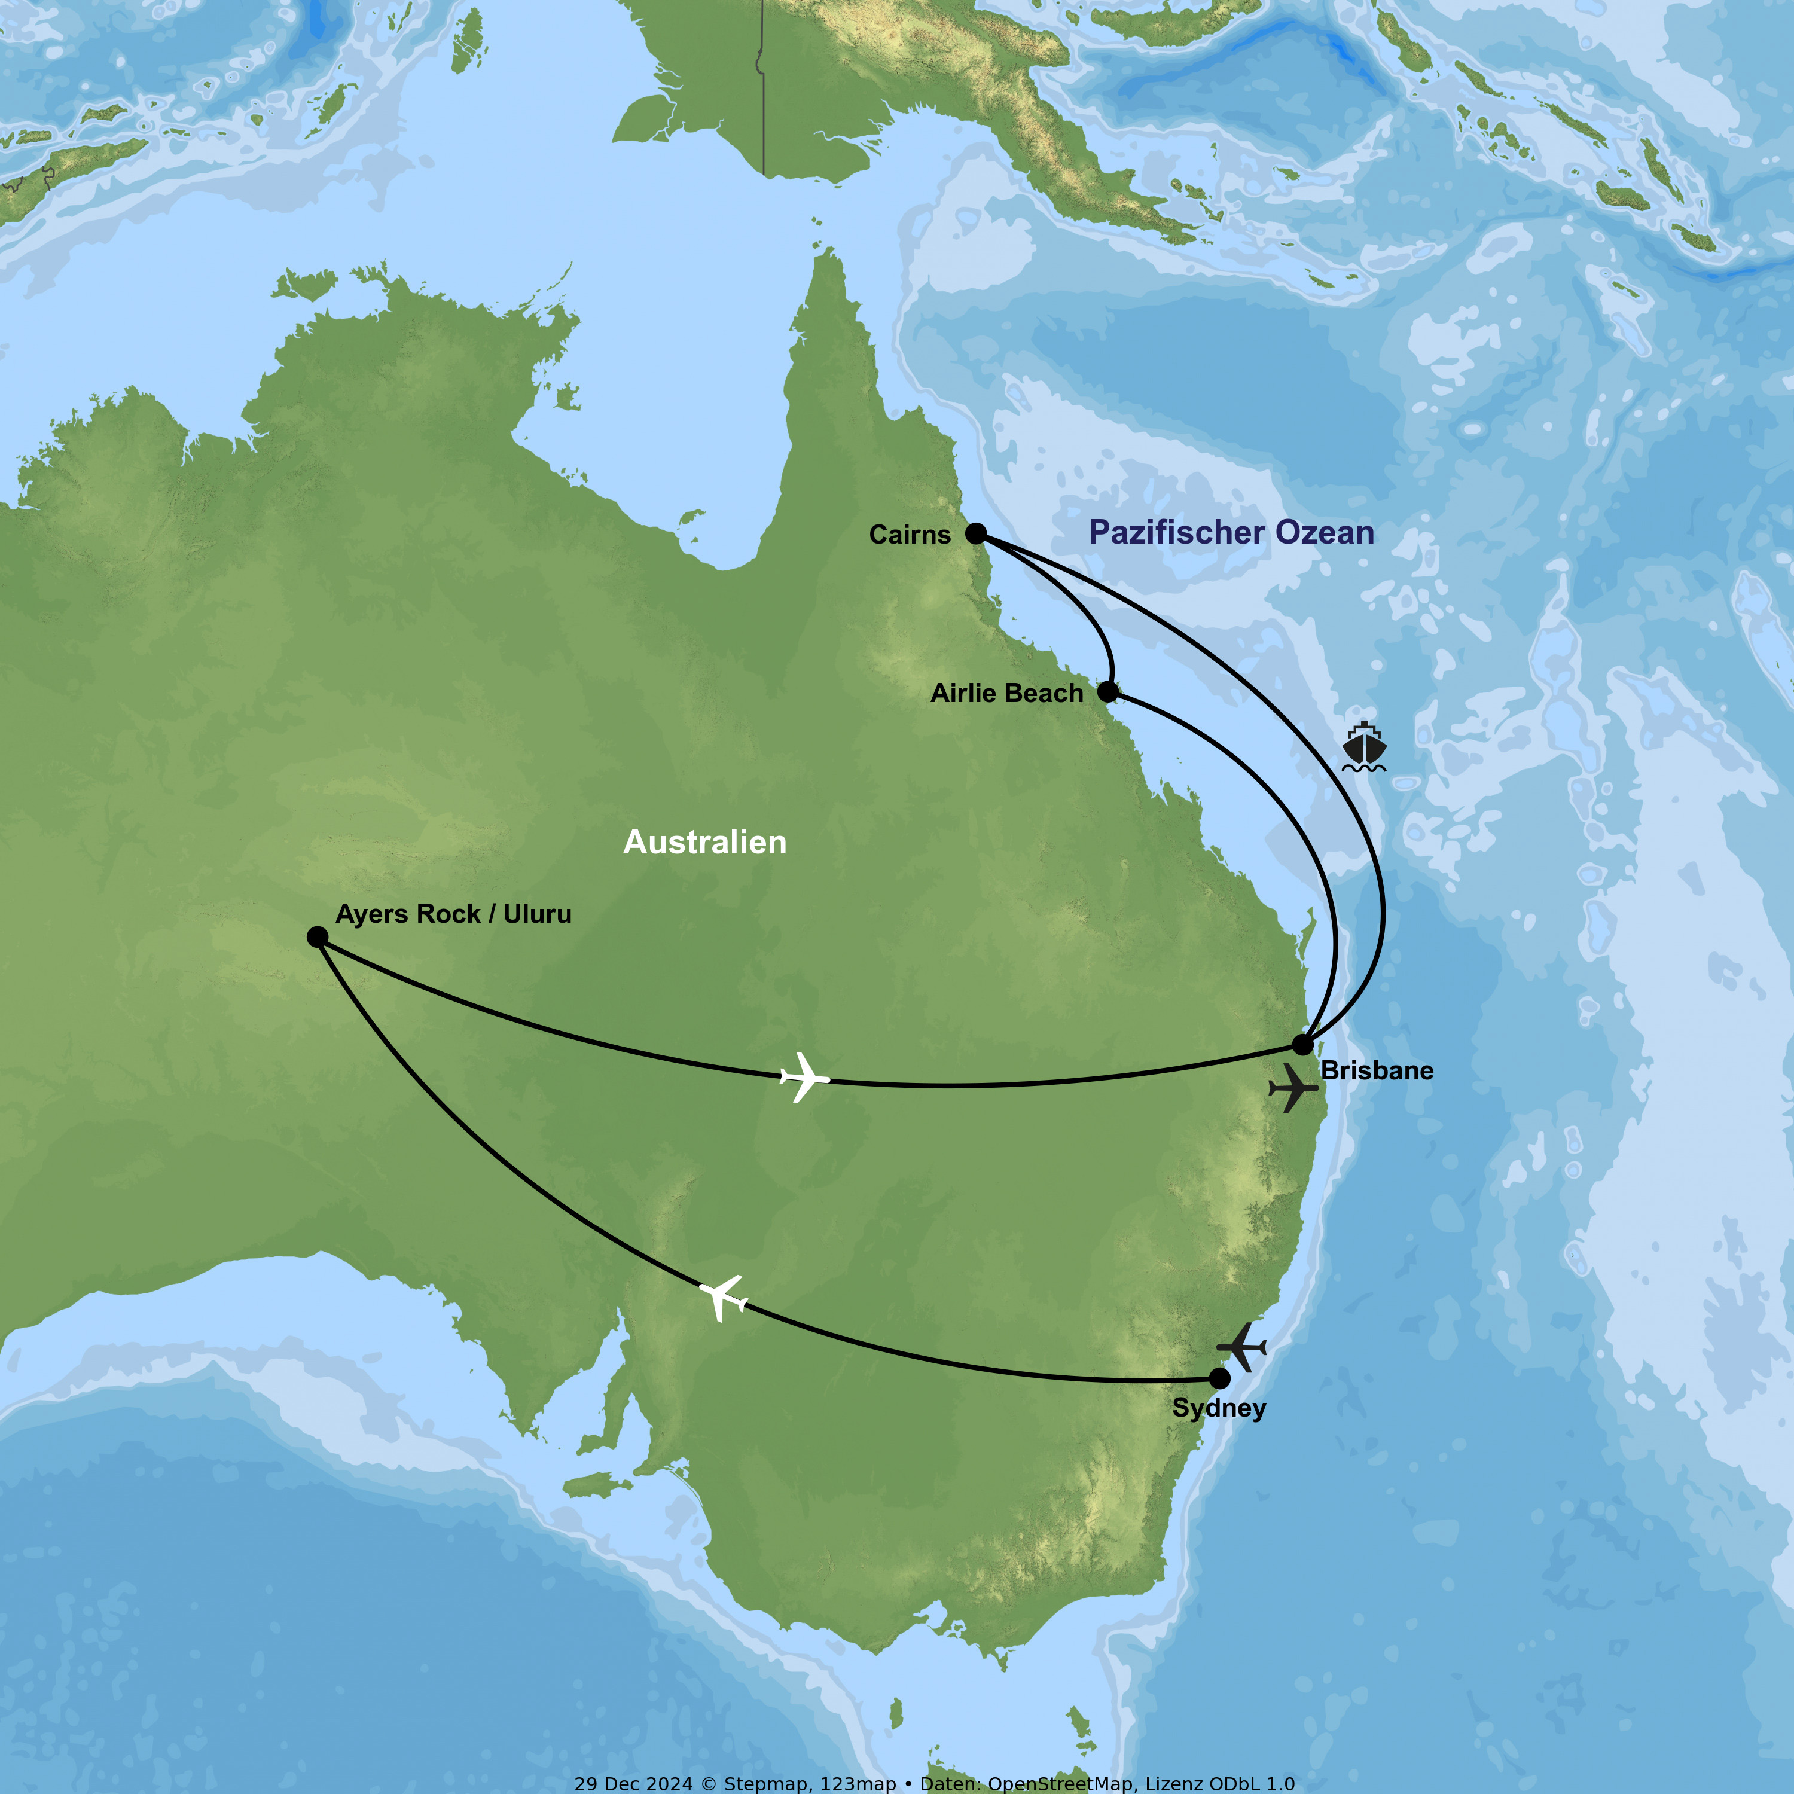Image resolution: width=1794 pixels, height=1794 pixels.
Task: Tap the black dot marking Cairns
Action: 975,533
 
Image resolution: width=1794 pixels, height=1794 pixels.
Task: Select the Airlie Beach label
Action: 1006,694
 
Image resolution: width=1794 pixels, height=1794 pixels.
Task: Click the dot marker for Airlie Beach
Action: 1107,692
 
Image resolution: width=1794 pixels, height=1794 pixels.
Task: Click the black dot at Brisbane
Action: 1303,1045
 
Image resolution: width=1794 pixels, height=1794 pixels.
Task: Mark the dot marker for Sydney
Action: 1219,1378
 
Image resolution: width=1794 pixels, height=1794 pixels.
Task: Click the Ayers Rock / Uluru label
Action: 453,914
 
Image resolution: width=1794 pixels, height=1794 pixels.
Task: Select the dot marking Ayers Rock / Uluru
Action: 318,937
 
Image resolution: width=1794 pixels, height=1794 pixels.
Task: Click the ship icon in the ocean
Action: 1364,749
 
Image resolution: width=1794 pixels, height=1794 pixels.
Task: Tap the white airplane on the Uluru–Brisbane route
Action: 804,1077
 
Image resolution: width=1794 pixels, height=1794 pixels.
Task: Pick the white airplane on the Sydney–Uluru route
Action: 724,1297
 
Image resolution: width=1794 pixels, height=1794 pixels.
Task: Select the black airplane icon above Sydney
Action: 1241,1347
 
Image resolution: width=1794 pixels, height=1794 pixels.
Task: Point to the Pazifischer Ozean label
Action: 1231,533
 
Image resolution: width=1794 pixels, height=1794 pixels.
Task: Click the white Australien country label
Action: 705,842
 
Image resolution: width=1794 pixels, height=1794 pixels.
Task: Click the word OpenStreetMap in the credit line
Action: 1060,1784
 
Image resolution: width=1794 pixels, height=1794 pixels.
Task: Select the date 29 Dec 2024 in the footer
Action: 633,1784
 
